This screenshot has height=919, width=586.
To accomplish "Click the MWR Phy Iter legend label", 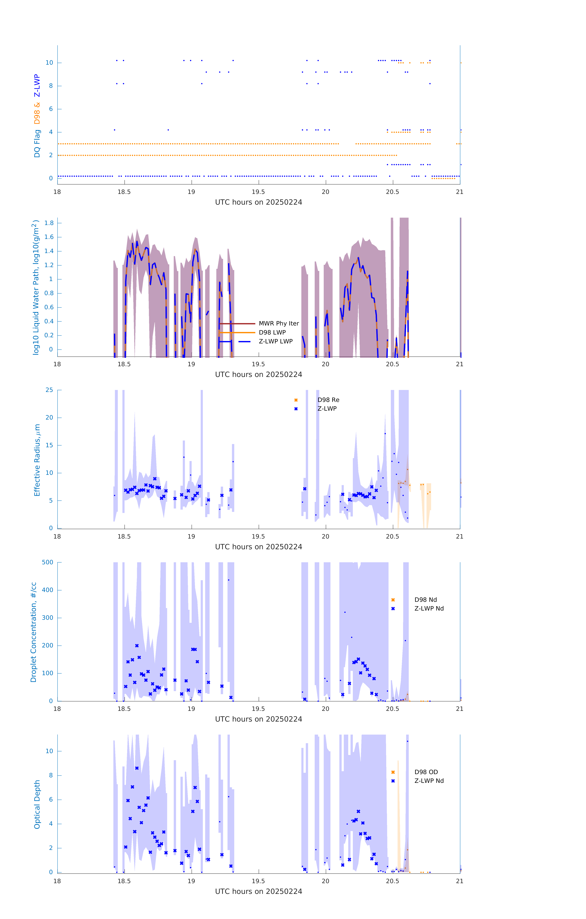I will click(x=279, y=323).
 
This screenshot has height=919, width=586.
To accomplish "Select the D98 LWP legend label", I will click(x=272, y=332).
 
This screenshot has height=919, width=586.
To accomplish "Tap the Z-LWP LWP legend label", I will click(x=276, y=341).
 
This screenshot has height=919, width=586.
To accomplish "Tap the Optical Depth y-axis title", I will click(x=37, y=804).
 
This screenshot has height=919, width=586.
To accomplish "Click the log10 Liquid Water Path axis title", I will click(x=36, y=287).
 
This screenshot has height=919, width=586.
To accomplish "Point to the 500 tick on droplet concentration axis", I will click(x=48, y=562).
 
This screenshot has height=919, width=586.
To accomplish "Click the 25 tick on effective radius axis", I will click(x=49, y=390).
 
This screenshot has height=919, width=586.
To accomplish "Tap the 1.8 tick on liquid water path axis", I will click(x=49, y=223).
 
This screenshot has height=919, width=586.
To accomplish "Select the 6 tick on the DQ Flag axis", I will click(x=51, y=109).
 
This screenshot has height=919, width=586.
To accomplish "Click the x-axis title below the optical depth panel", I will click(x=258, y=892).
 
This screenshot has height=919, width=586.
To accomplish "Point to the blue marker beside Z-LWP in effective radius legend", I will click(x=296, y=409).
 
